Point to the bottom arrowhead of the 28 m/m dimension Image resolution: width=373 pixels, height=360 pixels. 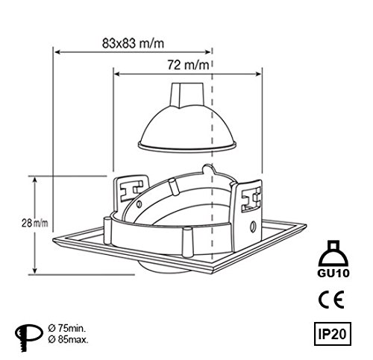pyautogui.click(x=35, y=273)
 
